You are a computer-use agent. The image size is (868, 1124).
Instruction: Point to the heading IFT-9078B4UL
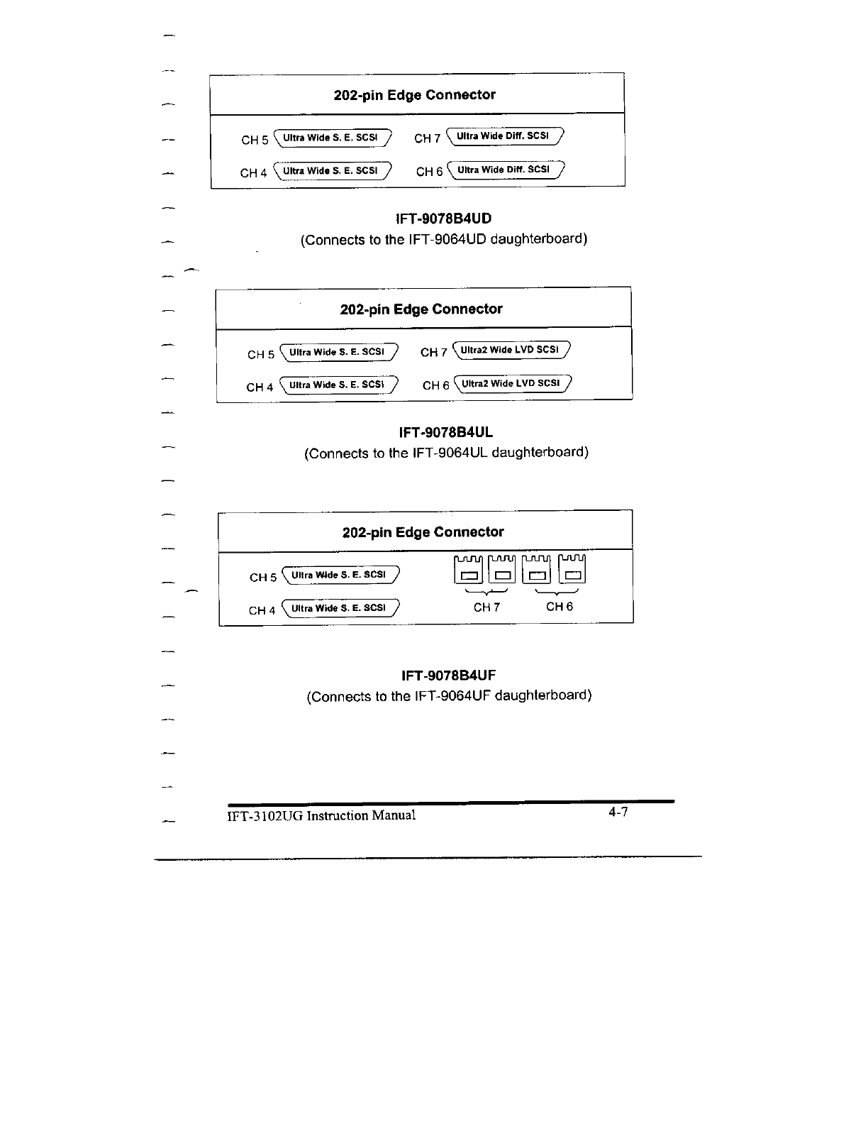pos(446,432)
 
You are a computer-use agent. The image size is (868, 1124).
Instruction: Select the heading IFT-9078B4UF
pos(448,675)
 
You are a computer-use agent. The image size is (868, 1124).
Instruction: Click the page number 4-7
pos(618,812)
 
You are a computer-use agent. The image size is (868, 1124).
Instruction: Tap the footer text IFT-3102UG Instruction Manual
pos(321,815)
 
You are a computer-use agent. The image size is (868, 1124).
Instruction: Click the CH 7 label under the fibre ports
pos(486,607)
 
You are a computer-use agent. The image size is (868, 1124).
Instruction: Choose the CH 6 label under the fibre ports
pos(560,607)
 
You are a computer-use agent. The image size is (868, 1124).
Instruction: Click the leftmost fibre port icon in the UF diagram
pos(468,568)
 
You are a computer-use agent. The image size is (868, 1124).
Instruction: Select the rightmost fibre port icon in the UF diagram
pos(573,568)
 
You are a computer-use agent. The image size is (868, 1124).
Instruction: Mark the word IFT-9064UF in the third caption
pos(452,695)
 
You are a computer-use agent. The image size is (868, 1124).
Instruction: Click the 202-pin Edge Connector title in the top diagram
pos(415,95)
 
